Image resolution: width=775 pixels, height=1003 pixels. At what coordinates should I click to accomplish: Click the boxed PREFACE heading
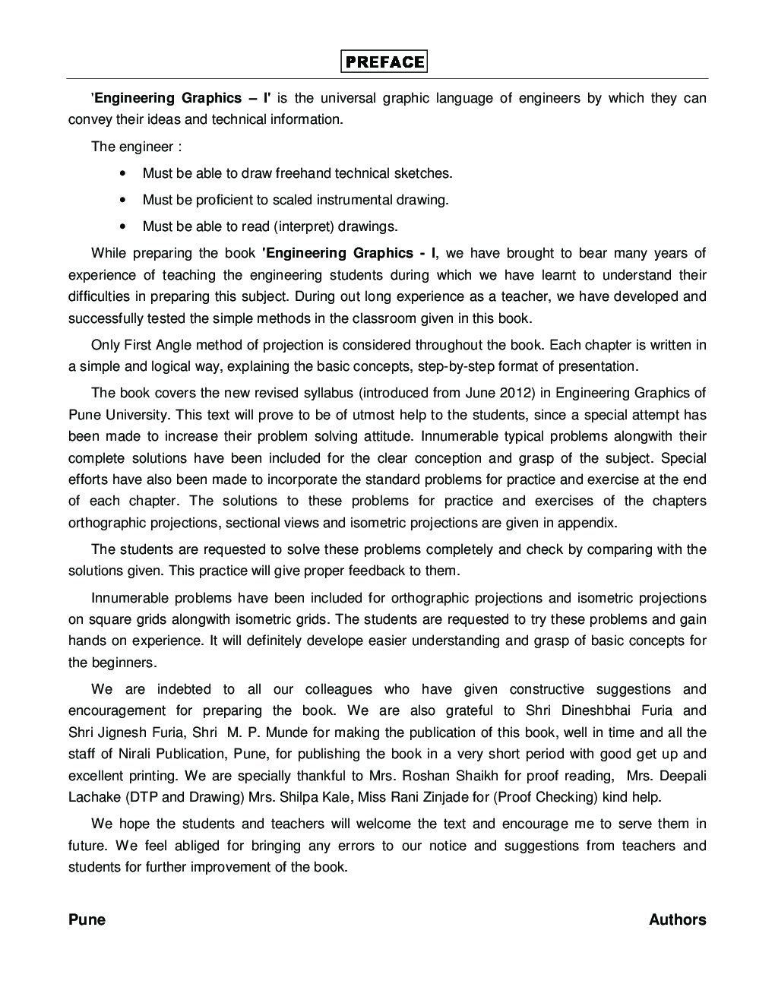tap(384, 62)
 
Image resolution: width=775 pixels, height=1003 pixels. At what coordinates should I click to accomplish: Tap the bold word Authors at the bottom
tap(677, 919)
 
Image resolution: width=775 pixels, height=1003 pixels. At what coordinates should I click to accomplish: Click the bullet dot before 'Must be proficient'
tap(123, 200)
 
